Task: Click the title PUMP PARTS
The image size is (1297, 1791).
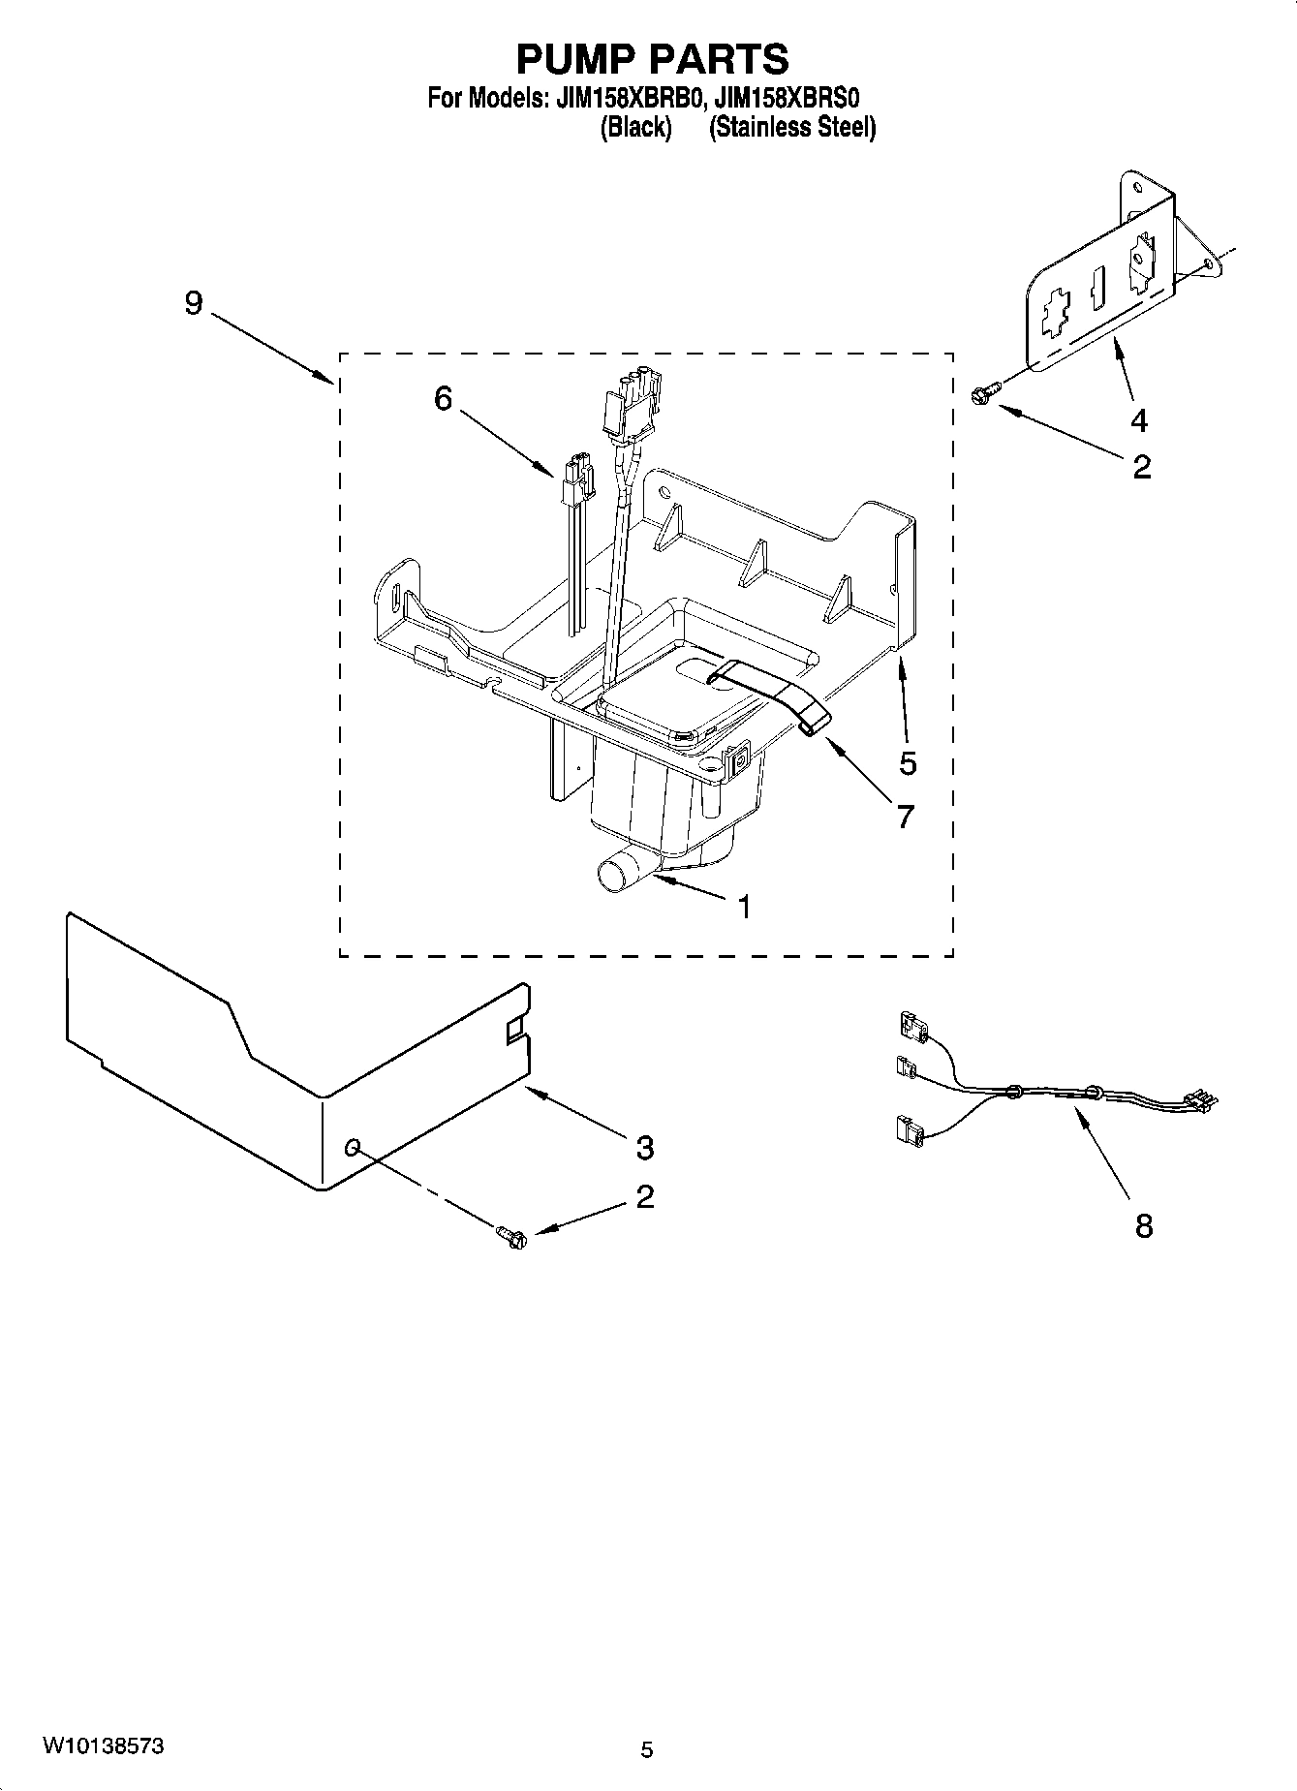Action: pos(652,59)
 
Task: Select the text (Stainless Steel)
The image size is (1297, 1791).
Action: pos(792,128)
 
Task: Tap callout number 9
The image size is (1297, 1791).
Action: pos(194,303)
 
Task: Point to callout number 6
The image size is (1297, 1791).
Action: pos(443,398)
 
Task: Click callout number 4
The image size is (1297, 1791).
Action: pos(1139,420)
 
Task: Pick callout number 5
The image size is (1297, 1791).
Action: pos(907,763)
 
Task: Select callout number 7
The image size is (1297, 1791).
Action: pos(905,817)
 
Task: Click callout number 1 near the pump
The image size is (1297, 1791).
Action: pos(744,907)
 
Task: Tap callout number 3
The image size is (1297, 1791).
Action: pos(645,1148)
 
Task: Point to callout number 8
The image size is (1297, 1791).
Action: pos(1144,1226)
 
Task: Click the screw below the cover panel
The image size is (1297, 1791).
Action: pos(510,1235)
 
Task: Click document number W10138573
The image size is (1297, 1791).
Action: pos(102,1746)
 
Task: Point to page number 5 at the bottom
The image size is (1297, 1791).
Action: pos(647,1749)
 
